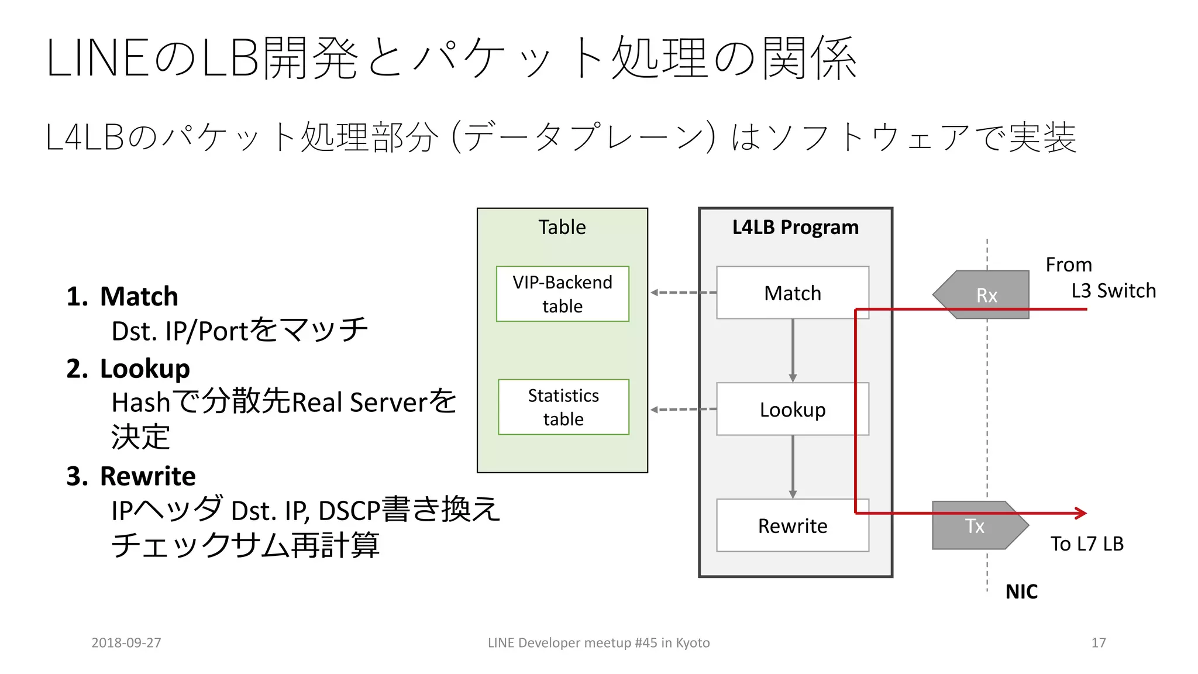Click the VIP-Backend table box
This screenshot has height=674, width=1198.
click(562, 294)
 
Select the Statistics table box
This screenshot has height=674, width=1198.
click(563, 407)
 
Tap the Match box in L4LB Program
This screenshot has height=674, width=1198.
click(792, 293)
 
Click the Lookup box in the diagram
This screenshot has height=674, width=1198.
click(792, 409)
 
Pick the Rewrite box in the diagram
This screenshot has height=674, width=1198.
click(792, 525)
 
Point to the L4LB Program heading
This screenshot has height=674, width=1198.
click(795, 227)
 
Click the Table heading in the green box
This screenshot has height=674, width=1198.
click(562, 227)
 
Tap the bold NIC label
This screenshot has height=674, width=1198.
click(1021, 592)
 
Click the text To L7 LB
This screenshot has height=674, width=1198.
click(1087, 544)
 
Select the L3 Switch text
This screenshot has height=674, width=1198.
click(1113, 291)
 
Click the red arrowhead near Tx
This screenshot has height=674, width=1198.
click(1081, 513)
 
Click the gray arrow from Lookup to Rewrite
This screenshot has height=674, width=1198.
click(793, 466)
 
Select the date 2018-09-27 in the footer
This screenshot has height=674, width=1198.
click(126, 642)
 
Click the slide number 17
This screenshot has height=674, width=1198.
click(1098, 642)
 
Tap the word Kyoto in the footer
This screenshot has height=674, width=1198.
click(693, 642)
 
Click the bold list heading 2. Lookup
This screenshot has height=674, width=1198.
click(129, 369)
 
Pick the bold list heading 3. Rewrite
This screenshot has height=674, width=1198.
click(132, 476)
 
